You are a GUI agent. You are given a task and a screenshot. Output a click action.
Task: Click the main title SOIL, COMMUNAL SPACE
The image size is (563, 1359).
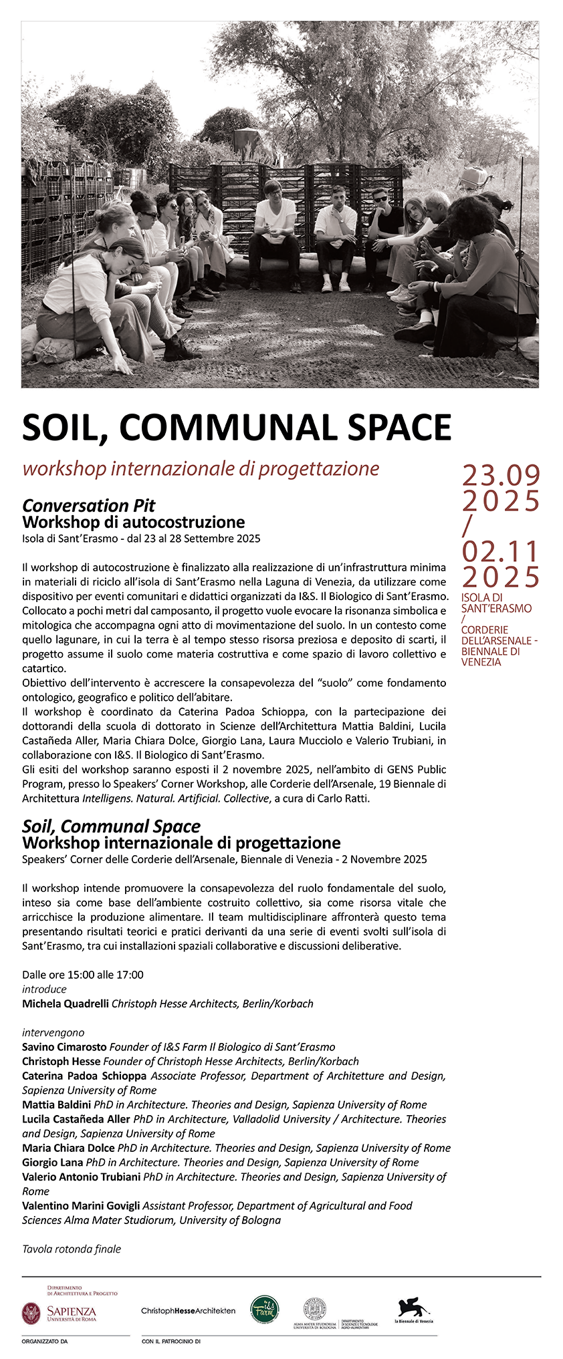[x=237, y=428]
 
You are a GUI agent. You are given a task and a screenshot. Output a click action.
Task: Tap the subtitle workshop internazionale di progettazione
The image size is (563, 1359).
[x=201, y=468]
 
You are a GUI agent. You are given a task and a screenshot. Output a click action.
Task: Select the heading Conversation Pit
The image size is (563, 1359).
[x=89, y=505]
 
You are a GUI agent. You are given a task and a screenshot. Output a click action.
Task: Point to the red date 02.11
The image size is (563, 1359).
[x=501, y=552]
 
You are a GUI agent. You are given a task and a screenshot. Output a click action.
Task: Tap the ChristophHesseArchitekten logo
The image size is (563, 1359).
[x=188, y=1311]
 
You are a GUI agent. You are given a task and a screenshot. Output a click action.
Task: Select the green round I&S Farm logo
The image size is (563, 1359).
[x=265, y=1310]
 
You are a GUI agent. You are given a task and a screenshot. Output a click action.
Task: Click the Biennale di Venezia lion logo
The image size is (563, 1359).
[x=413, y=1310]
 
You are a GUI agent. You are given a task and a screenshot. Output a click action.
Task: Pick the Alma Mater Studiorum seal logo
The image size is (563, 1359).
[x=314, y=1308]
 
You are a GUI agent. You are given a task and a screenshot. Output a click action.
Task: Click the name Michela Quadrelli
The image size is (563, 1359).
[x=66, y=1004]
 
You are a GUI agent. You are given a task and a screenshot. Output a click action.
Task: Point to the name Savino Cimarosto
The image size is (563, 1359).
[x=64, y=1047]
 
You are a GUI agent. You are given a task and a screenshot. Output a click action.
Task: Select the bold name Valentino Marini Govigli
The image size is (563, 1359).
[x=81, y=1205]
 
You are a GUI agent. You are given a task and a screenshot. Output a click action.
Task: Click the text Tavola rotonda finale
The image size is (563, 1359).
[x=72, y=1249]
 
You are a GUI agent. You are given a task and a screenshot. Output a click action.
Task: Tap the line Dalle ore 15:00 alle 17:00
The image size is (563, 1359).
[x=83, y=975]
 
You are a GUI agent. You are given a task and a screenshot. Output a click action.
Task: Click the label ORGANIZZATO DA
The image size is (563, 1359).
[x=45, y=1340]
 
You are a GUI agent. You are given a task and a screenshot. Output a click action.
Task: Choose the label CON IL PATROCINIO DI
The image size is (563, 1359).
[x=171, y=1340]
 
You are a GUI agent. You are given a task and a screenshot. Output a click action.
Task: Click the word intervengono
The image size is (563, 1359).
[x=53, y=1032]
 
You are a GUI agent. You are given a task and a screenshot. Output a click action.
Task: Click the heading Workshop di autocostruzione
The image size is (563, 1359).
[x=134, y=522]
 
